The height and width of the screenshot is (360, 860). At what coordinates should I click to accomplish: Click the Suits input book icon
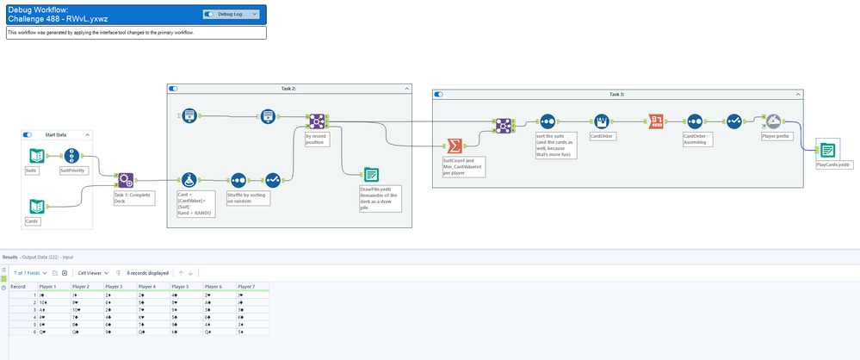[x=36, y=156]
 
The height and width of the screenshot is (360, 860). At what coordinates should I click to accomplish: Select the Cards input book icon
[x=36, y=206]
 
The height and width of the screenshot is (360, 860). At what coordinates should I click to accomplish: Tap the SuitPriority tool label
[x=72, y=171]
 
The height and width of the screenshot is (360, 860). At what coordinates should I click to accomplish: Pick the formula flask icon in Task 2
[x=189, y=179]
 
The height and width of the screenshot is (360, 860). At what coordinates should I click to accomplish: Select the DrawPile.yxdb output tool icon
[x=370, y=174]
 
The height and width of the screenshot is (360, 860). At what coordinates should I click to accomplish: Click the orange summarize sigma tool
[x=452, y=145]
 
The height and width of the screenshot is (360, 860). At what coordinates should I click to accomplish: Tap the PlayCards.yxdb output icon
[x=826, y=150]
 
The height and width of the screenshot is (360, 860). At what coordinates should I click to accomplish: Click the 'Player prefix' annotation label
[x=776, y=136]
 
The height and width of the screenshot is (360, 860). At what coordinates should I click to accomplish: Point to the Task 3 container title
[x=616, y=94]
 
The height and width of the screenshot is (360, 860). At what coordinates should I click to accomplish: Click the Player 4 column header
[x=147, y=286]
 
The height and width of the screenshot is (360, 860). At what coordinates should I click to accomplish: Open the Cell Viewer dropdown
[x=93, y=272]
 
